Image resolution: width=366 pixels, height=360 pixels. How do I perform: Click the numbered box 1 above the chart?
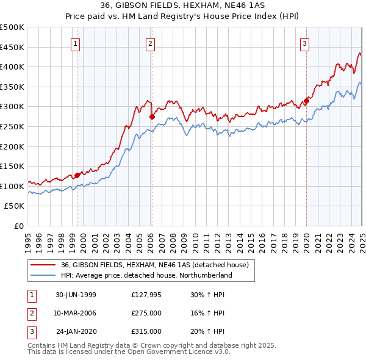click(75, 43)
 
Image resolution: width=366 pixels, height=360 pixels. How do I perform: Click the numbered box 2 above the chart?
click(150, 43)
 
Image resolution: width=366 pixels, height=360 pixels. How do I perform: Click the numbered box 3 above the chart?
click(304, 43)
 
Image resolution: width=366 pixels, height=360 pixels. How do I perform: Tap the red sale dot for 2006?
click(151, 116)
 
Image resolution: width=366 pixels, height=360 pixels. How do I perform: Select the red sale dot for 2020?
click(306, 101)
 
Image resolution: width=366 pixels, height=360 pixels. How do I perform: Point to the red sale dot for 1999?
click(77, 175)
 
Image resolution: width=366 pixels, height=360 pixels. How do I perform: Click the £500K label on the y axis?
click(12, 27)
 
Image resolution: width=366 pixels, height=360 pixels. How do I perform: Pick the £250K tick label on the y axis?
click(12, 126)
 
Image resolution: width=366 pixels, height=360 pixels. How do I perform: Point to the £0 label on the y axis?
click(18, 226)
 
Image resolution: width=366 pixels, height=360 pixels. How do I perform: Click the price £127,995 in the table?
click(146, 295)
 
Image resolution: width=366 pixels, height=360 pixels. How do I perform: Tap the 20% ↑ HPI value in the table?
click(207, 331)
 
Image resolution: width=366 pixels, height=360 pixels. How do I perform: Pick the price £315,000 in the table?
click(146, 331)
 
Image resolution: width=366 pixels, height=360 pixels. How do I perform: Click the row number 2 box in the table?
click(30, 313)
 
